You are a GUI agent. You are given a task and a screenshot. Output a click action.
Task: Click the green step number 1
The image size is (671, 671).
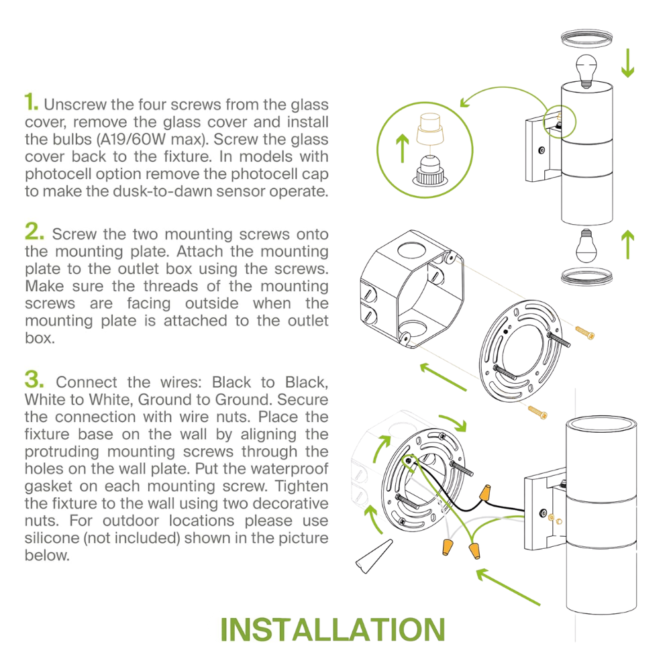coord(32,102)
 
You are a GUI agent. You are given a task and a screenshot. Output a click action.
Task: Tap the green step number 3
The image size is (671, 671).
coord(34,379)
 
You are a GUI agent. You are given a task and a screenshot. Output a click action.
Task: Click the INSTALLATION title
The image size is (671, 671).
coord(333,629)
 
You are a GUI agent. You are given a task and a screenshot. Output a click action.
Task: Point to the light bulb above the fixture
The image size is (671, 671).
coord(586,71)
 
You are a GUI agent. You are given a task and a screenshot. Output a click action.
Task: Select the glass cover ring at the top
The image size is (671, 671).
coord(586,38)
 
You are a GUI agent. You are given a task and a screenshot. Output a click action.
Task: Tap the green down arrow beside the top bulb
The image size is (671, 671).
coord(628,63)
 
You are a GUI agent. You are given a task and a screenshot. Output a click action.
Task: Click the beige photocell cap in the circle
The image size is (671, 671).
coord(429,128)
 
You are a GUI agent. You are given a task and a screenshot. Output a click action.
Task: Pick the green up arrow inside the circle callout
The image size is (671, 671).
coord(402,148)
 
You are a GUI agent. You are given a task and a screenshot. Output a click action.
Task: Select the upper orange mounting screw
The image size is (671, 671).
coord(584,333)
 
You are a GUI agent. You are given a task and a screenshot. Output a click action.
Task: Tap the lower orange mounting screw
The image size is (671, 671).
coord(537,412)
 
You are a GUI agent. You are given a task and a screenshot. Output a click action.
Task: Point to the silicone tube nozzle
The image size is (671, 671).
coord(374,556)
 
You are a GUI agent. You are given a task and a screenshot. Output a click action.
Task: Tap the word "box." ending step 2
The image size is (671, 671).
coord(40,338)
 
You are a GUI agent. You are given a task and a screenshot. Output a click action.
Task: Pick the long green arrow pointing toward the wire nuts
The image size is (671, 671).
coord(508,586)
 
